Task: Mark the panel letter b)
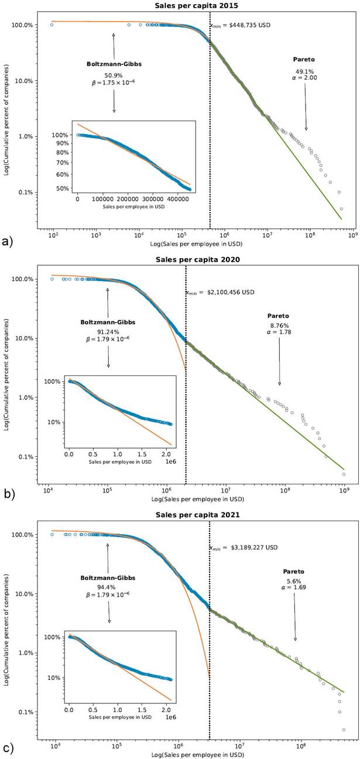(8, 495)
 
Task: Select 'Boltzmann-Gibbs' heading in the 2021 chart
(108, 577)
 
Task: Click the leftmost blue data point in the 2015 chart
(52, 25)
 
